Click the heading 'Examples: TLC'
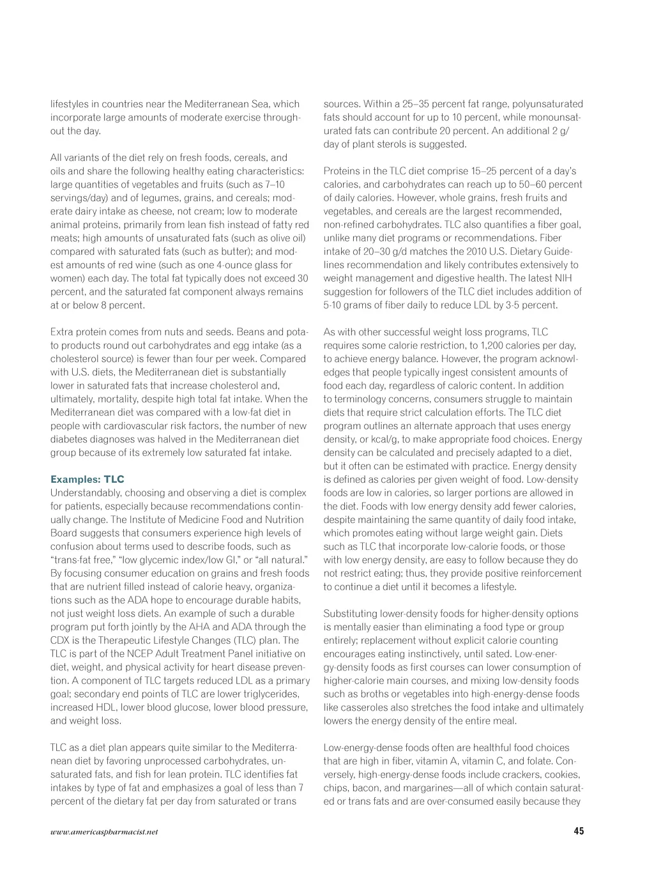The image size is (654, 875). [87, 479]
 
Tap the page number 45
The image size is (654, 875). [579, 831]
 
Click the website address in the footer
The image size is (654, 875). [104, 832]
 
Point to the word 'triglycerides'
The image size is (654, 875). [271, 694]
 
